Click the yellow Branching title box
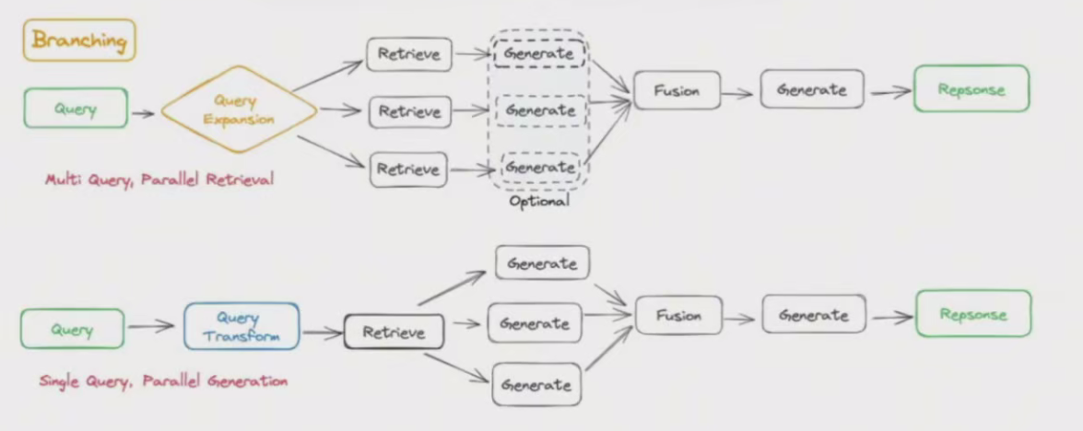click(79, 41)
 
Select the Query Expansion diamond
click(240, 110)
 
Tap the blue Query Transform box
click(241, 327)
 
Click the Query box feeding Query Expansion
click(76, 109)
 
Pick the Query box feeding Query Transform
click(72, 329)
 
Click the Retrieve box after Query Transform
click(394, 332)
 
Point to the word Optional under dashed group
click(539, 201)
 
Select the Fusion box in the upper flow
click(677, 90)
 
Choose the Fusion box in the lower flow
click(678, 315)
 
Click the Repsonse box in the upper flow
click(971, 89)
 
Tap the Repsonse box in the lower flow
click(972, 314)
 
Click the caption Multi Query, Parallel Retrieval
click(159, 180)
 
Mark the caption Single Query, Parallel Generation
click(163, 380)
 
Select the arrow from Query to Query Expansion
click(143, 113)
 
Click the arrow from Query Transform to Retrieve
click(322, 333)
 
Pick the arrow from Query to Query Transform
click(151, 325)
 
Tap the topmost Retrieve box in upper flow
click(409, 54)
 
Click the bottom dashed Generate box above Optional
click(540, 167)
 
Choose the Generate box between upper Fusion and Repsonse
click(812, 89)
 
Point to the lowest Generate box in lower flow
click(536, 385)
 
